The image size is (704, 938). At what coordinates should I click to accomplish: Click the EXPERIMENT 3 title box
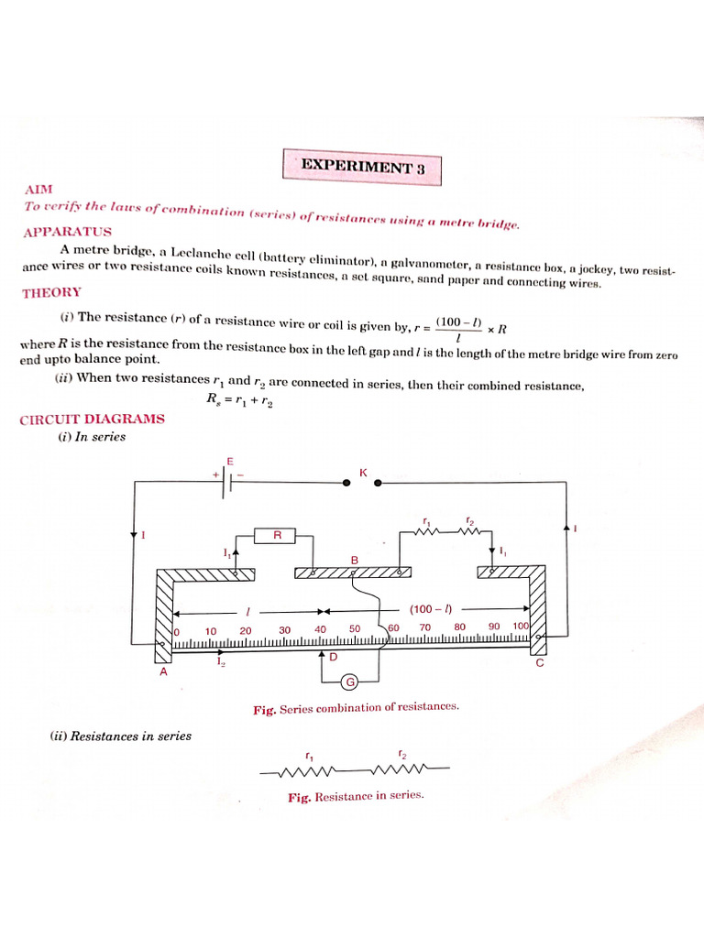click(x=361, y=169)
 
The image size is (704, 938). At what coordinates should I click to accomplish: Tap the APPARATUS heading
click(x=67, y=232)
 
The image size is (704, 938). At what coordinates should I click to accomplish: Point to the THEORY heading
click(x=51, y=292)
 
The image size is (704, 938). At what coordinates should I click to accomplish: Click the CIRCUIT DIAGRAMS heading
click(x=92, y=419)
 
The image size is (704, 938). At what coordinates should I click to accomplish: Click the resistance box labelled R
click(x=277, y=535)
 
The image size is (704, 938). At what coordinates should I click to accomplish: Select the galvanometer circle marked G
click(x=349, y=681)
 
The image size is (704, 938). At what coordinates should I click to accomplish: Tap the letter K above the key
click(x=362, y=473)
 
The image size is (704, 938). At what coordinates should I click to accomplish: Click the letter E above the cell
click(x=230, y=461)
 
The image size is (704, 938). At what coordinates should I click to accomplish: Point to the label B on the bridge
click(x=354, y=559)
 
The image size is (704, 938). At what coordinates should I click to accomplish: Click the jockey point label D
click(x=334, y=657)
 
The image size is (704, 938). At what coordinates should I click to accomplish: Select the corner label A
click(x=163, y=671)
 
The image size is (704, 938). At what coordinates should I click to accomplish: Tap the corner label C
click(x=539, y=663)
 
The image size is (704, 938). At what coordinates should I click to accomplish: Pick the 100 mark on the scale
click(x=521, y=627)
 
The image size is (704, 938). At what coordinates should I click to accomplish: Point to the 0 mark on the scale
click(x=176, y=631)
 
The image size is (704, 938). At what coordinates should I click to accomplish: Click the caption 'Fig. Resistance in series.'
click(x=356, y=796)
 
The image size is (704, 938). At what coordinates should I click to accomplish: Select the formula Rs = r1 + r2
click(x=240, y=399)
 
